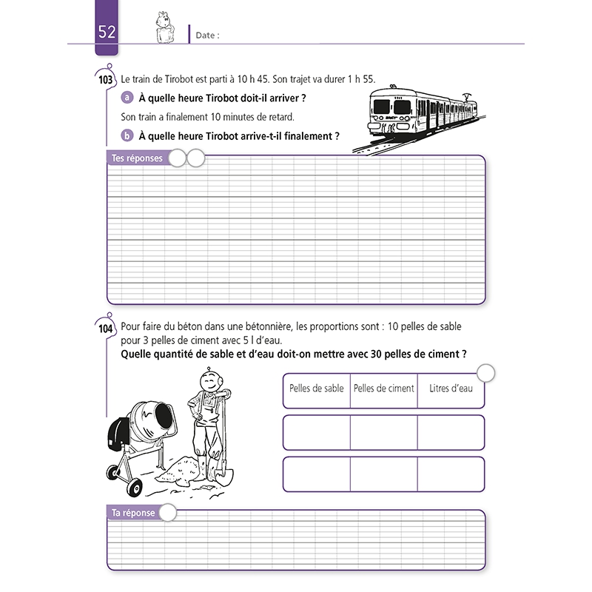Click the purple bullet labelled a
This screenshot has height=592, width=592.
127,98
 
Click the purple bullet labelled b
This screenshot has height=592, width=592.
127,135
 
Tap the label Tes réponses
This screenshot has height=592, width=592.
137,158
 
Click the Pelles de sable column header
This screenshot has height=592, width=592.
317,388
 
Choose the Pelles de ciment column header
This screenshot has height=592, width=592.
384,388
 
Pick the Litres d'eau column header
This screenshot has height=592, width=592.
451,388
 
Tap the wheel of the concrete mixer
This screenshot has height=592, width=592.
134,487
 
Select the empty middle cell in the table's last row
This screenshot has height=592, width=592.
384,474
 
